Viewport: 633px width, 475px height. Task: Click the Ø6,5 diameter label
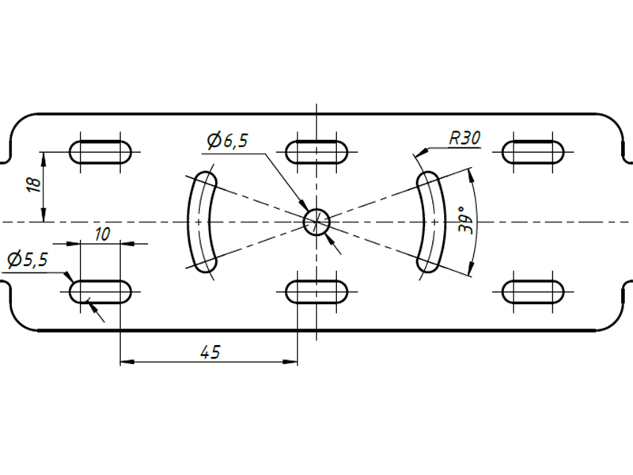(x=227, y=140)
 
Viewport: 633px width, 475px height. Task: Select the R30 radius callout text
(x=465, y=138)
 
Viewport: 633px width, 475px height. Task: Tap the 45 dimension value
(x=210, y=352)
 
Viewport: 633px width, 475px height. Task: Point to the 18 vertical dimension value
(x=35, y=184)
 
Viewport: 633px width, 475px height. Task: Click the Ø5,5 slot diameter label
(x=28, y=260)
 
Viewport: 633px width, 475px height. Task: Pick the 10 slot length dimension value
(x=102, y=234)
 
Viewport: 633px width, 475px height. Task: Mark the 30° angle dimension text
(x=466, y=220)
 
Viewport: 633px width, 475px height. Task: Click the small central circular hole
(x=316, y=222)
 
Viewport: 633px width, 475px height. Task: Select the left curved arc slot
(x=202, y=222)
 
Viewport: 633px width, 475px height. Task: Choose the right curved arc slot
(x=431, y=222)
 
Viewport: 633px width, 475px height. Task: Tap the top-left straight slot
(x=100, y=152)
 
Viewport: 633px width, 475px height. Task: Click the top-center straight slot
(x=316, y=152)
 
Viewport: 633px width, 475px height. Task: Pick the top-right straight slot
(x=533, y=152)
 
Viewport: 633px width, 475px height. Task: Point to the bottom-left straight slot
(x=100, y=291)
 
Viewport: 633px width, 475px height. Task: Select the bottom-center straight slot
(x=316, y=291)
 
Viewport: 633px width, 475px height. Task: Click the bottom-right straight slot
(x=533, y=291)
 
